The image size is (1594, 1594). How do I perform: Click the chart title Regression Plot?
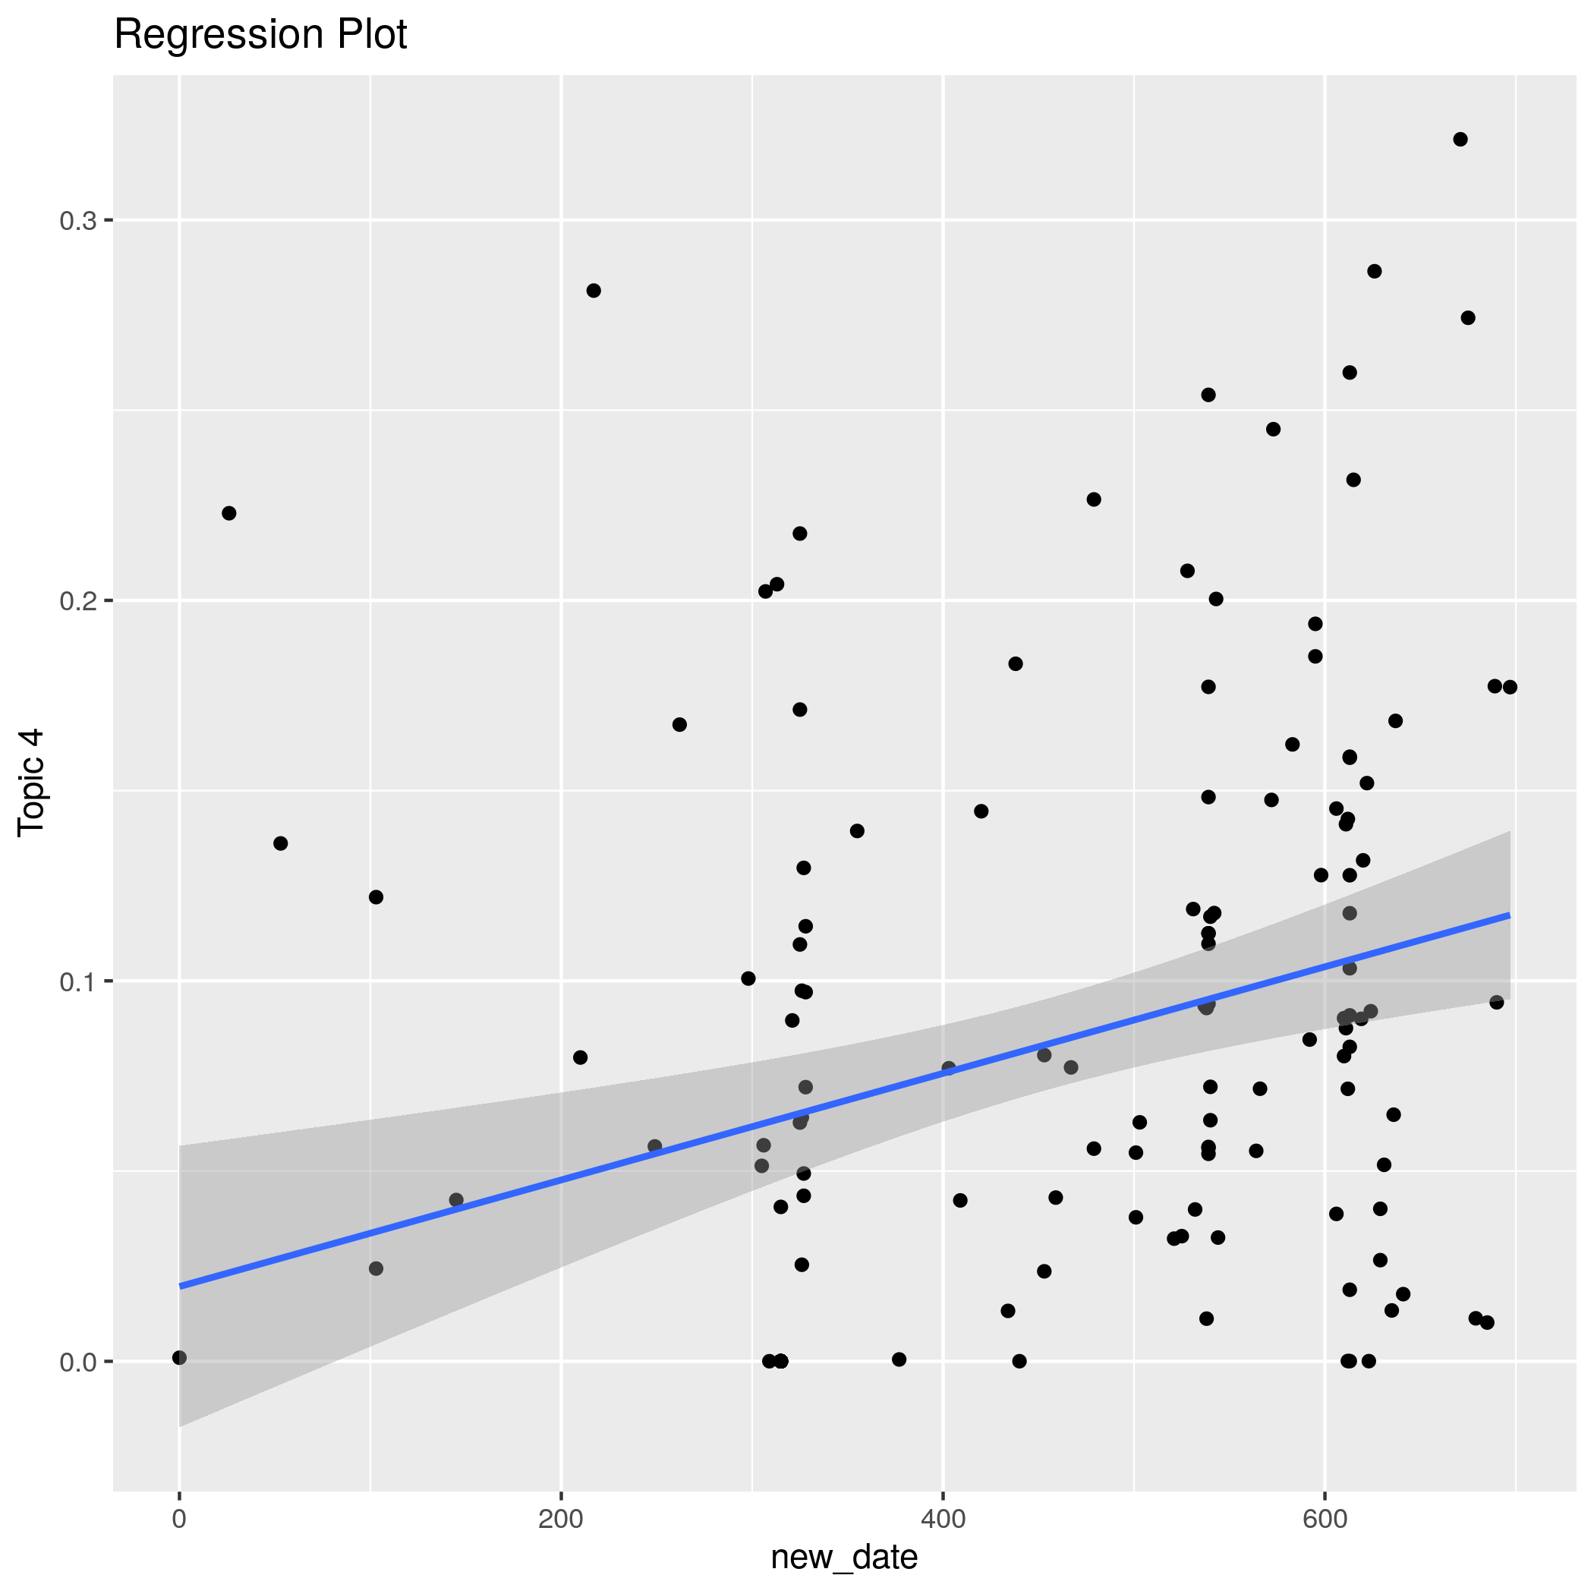click(x=260, y=36)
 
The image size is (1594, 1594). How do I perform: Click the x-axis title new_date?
click(x=843, y=1557)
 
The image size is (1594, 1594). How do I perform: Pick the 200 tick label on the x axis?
click(x=561, y=1519)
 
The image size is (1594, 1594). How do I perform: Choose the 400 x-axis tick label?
click(x=942, y=1519)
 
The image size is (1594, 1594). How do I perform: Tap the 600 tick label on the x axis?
click(x=1325, y=1519)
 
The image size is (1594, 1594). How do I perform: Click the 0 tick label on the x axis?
click(x=179, y=1519)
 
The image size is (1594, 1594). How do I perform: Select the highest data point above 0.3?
click(x=1460, y=140)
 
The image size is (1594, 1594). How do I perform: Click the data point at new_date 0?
click(x=180, y=1357)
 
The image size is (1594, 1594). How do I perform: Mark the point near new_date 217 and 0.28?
click(x=594, y=291)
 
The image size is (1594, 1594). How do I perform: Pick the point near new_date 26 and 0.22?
click(x=229, y=513)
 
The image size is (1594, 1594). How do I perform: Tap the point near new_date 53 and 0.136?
click(x=281, y=843)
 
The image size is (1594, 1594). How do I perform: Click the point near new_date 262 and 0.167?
click(x=680, y=724)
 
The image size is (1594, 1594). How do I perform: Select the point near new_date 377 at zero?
click(x=899, y=1359)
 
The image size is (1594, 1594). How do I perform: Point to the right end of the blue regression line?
click(x=1509, y=915)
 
